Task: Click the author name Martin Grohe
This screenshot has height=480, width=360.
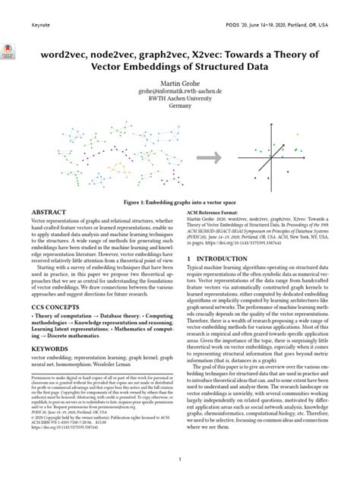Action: pos(180,81)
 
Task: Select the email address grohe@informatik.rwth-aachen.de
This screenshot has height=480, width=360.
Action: pos(180,90)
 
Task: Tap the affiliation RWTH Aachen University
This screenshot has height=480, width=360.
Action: pos(180,99)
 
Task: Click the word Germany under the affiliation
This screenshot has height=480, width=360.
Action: pos(180,107)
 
